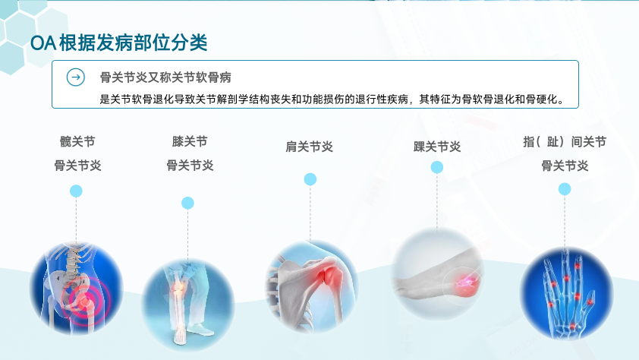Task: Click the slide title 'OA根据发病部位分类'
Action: (x=119, y=43)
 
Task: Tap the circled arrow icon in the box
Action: (x=76, y=77)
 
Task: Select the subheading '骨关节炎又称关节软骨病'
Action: (x=165, y=77)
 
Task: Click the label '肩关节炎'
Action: (x=310, y=147)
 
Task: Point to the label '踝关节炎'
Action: (x=437, y=147)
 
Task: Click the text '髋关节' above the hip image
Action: (x=77, y=141)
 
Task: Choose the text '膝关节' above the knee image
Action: (x=190, y=141)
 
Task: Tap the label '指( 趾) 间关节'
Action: (x=565, y=142)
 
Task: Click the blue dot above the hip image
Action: (x=76, y=191)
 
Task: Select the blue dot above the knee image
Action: (x=187, y=203)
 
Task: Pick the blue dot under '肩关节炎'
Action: (x=310, y=179)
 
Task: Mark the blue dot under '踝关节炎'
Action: (x=437, y=167)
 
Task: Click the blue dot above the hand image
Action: (x=565, y=189)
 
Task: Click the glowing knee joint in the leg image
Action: (x=178, y=289)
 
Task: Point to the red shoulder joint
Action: (x=331, y=274)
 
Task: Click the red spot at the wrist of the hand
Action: (x=572, y=326)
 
